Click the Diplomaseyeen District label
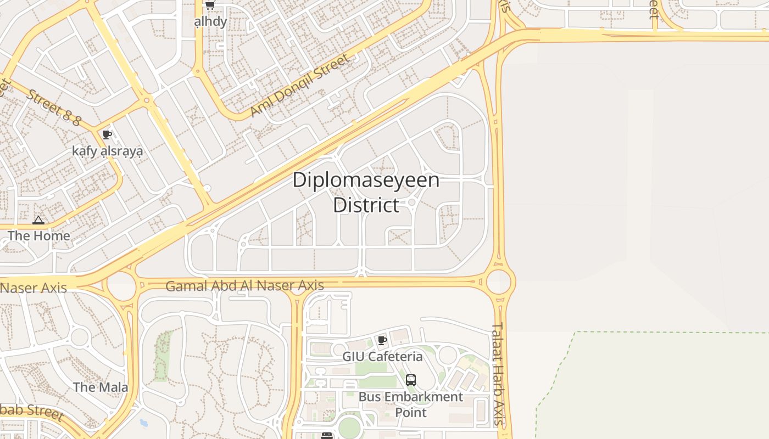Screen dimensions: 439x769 [366, 192]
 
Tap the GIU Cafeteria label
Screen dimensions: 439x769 [382, 357]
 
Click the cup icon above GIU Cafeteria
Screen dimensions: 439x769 [382, 341]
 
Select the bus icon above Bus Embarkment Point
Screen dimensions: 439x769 [410, 380]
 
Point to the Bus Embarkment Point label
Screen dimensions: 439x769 [411, 404]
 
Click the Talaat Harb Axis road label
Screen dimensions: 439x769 [498, 373]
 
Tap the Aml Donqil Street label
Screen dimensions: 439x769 [299, 86]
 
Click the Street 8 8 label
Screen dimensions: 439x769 [54, 107]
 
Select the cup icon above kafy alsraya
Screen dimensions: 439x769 [107, 135]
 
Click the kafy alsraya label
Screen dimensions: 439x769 [108, 151]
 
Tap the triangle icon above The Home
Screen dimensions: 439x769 [38, 221]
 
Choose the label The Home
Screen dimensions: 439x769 [39, 236]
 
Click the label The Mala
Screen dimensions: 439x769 [101, 387]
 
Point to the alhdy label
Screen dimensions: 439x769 [210, 21]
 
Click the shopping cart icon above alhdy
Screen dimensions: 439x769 [210, 5]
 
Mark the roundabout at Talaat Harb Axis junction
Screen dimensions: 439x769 [500, 282]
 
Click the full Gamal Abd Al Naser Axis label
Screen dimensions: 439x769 [244, 286]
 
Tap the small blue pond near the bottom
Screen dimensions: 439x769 [143, 423]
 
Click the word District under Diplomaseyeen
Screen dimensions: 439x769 [366, 205]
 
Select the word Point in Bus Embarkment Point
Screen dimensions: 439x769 [411, 412]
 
